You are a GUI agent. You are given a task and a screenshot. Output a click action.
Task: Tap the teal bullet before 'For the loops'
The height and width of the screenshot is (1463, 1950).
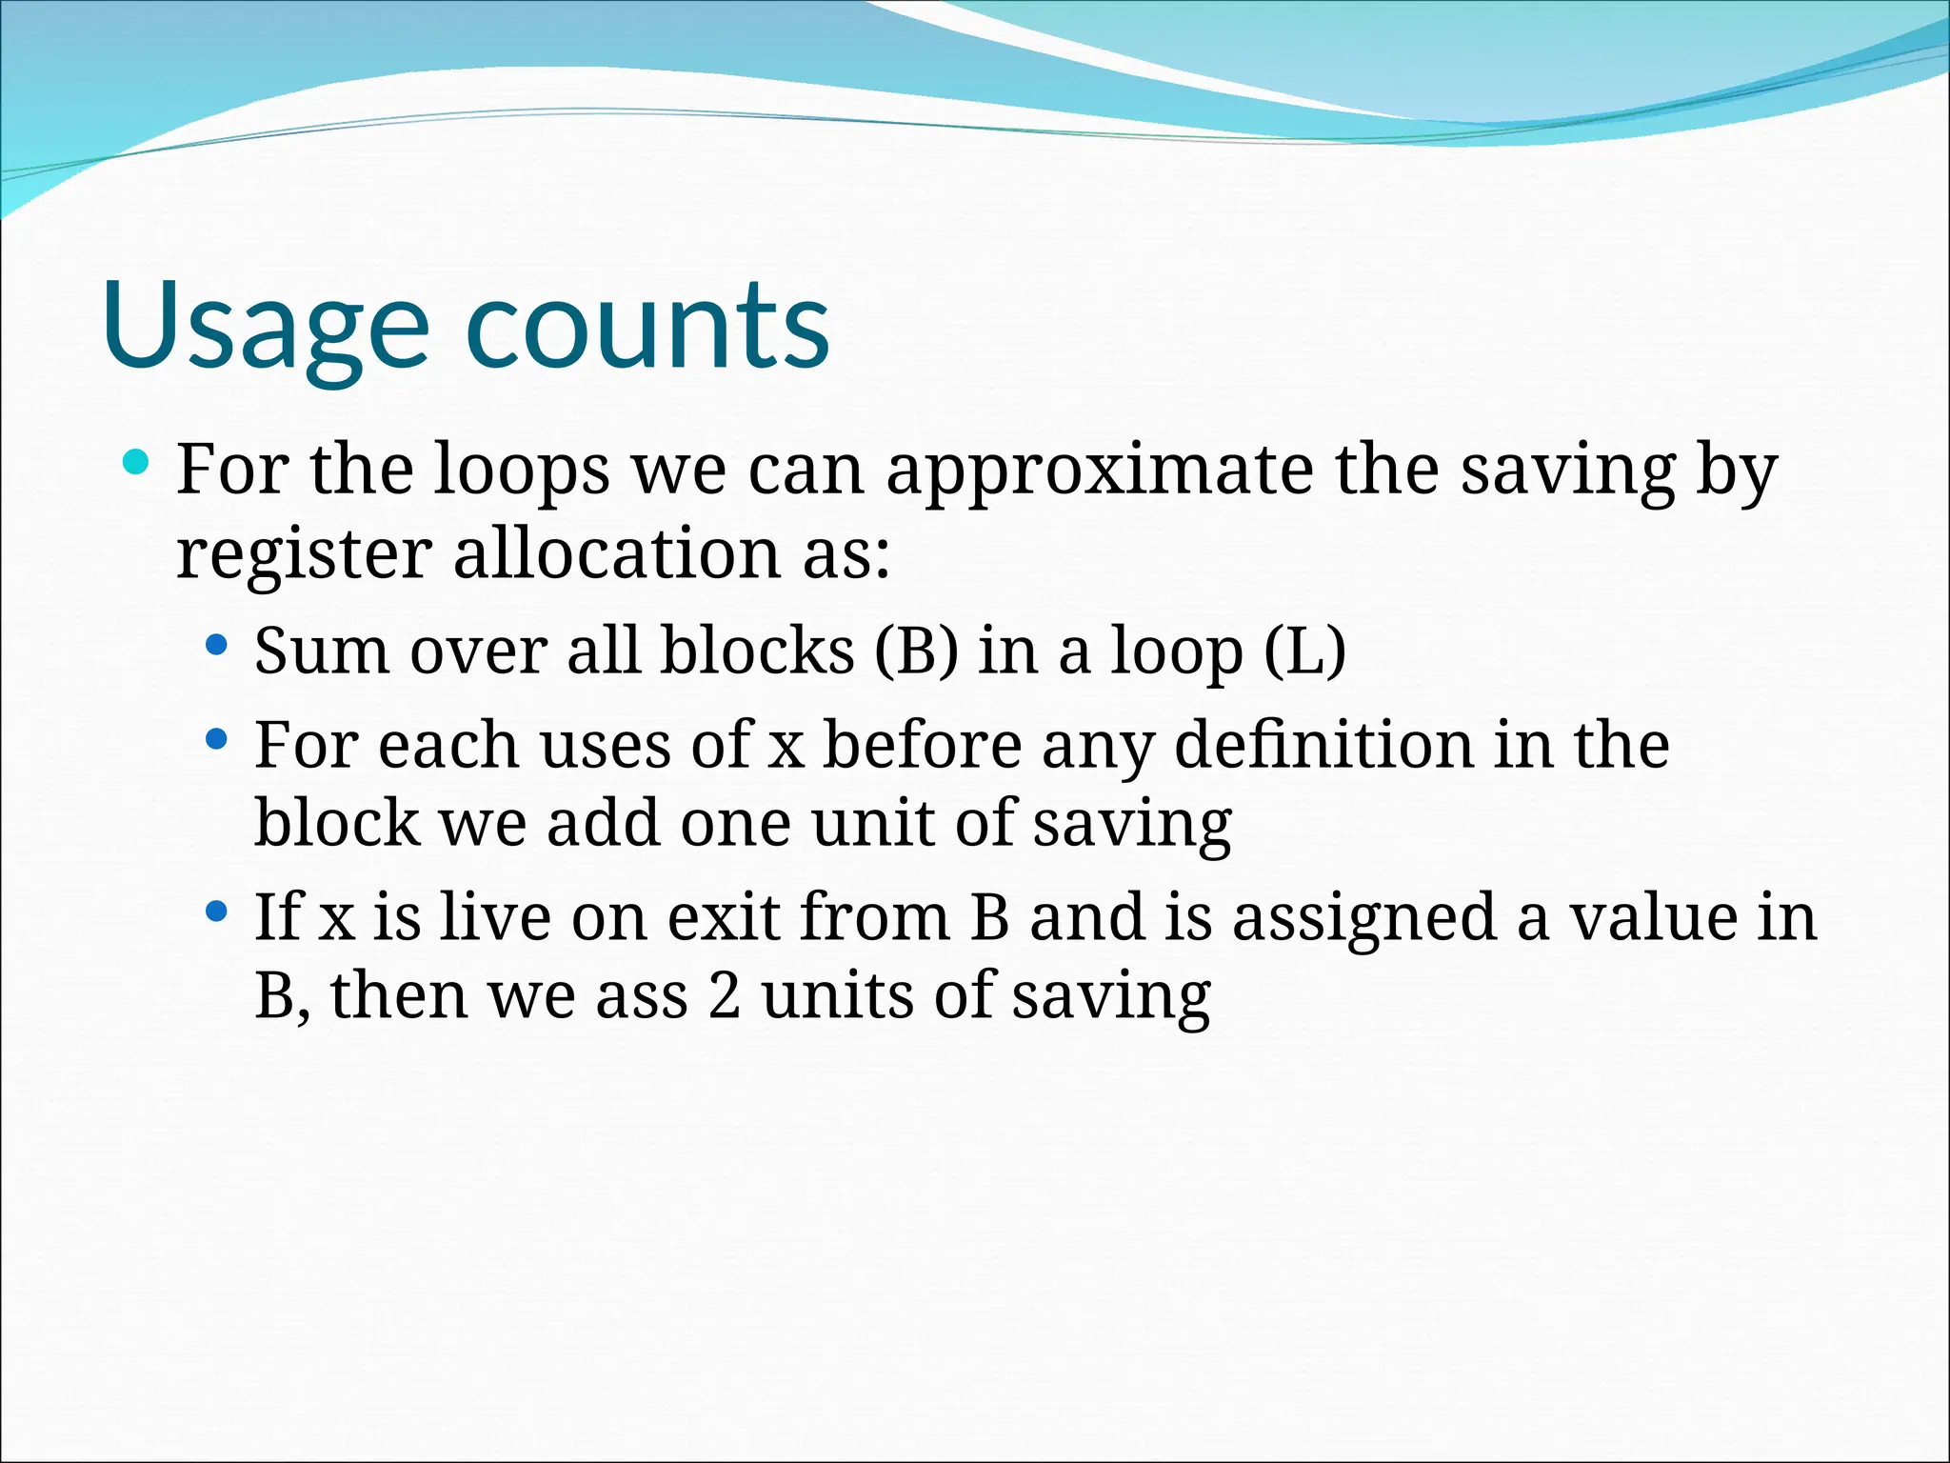(136, 464)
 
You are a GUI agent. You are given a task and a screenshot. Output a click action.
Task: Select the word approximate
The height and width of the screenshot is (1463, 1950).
(1100, 471)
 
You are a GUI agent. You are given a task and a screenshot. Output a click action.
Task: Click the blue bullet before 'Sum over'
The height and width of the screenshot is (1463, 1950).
(217, 646)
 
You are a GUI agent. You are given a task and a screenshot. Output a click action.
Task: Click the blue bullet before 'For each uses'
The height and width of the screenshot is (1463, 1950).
(217, 738)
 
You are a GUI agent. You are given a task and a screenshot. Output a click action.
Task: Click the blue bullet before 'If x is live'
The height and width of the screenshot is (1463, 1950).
(217, 912)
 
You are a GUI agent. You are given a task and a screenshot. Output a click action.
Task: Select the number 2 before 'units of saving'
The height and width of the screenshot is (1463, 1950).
(724, 996)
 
